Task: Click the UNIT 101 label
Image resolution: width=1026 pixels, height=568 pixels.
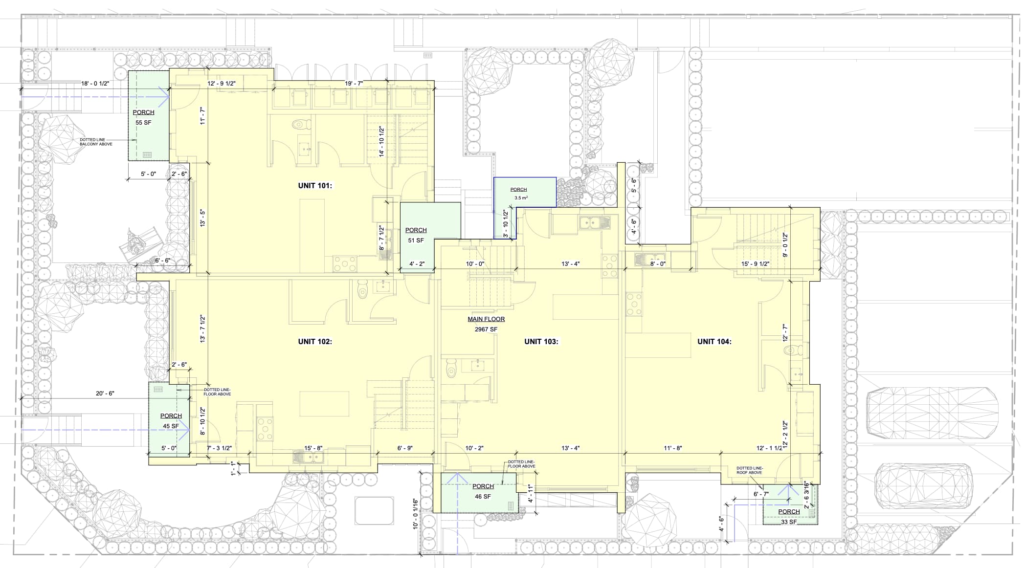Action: (x=315, y=186)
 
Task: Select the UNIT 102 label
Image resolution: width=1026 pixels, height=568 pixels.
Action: (x=315, y=342)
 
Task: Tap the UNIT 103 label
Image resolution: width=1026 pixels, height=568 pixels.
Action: (x=541, y=342)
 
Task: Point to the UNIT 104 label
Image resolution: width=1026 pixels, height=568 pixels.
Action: (x=714, y=342)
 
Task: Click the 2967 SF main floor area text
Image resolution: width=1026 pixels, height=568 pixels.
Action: (x=486, y=329)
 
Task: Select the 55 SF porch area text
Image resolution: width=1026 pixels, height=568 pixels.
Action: (x=143, y=123)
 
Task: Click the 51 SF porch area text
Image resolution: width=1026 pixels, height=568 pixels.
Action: (x=416, y=240)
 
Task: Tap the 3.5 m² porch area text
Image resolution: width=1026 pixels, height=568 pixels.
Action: (x=520, y=198)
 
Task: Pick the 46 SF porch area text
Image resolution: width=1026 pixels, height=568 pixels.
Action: (x=482, y=497)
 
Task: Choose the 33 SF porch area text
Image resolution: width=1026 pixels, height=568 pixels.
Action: (x=788, y=522)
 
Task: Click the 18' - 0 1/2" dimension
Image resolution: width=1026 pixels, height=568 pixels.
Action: (x=95, y=84)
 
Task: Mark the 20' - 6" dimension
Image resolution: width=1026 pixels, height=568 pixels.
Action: (x=105, y=393)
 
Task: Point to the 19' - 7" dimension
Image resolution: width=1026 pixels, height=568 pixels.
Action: (x=354, y=84)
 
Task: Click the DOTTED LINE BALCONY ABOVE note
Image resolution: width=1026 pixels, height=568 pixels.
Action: (x=96, y=142)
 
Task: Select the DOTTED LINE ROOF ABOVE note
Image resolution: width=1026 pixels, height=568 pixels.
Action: (x=749, y=470)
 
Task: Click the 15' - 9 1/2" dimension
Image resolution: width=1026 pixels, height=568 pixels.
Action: (x=755, y=264)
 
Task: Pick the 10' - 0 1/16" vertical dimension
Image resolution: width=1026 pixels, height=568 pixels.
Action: (x=415, y=513)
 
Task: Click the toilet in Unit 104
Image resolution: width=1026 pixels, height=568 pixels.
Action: (x=791, y=350)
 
